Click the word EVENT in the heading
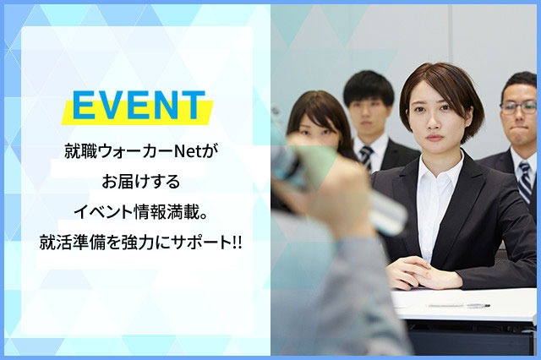coord(139,105)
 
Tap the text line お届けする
coord(141,182)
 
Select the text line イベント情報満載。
coord(141,212)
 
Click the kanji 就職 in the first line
coord(81,151)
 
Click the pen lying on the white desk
coord(459,306)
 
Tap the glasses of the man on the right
coord(518,108)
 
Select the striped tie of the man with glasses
coord(525,183)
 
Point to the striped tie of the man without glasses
coord(366,158)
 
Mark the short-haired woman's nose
coord(434,123)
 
